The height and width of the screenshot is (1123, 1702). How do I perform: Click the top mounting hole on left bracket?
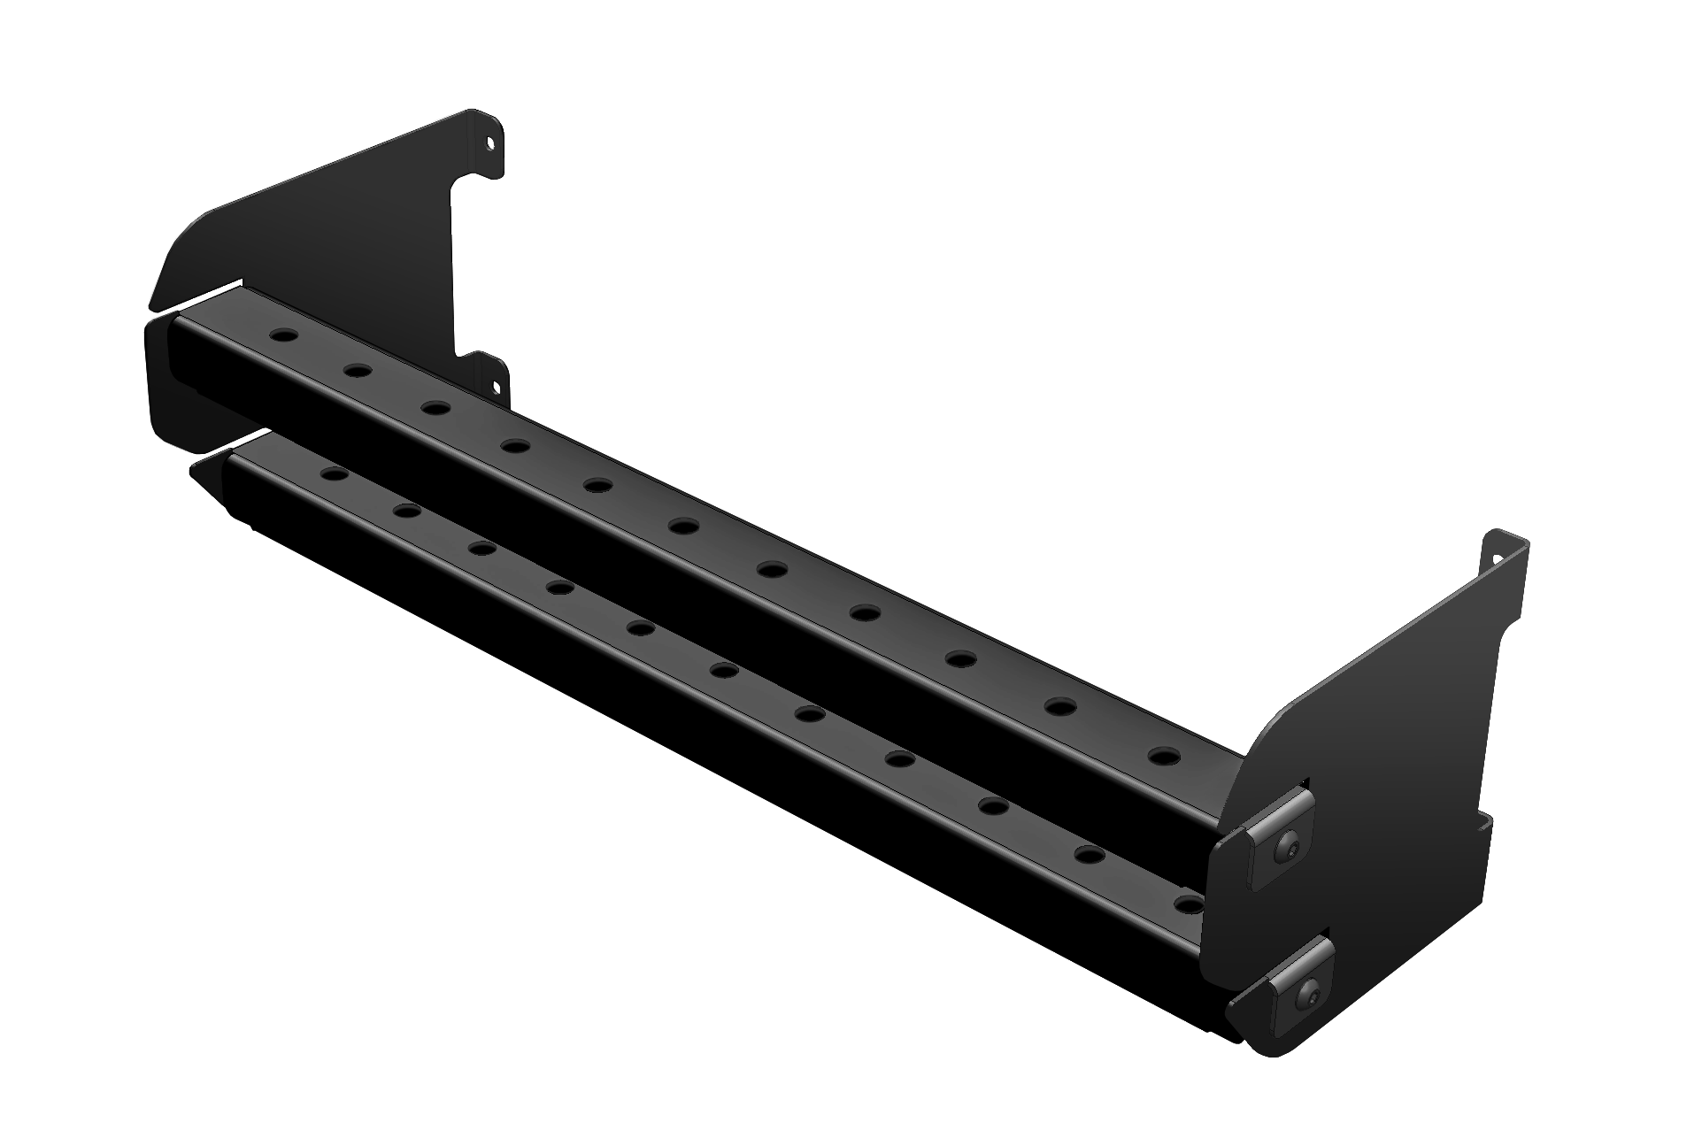point(489,142)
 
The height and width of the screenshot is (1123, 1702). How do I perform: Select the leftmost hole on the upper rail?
point(283,337)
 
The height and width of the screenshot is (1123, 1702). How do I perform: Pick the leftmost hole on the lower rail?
point(334,474)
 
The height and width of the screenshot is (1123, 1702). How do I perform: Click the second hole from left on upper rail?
point(357,370)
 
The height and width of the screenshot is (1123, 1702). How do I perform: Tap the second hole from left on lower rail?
point(406,511)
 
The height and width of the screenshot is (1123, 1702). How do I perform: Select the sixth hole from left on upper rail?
point(682,527)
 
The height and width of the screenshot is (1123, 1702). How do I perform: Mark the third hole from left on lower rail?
point(481,549)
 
